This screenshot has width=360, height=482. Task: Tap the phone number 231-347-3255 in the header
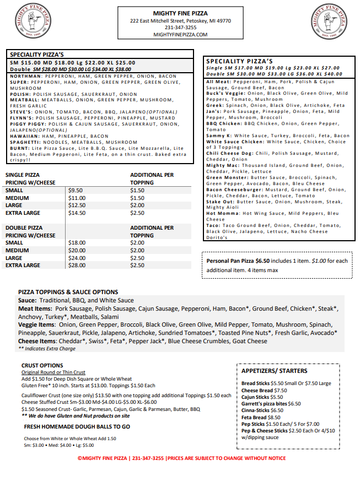pyautogui.click(x=180, y=28)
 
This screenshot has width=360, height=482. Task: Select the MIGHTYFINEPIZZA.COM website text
pyautogui.click(x=180, y=34)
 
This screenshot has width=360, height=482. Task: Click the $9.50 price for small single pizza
pyautogui.click(x=76, y=190)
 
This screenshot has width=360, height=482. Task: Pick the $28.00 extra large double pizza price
pyautogui.click(x=77, y=266)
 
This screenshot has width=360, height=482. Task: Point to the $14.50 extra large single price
pyautogui.click(x=77, y=213)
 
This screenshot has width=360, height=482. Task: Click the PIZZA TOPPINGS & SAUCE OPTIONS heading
pyautogui.click(x=68, y=292)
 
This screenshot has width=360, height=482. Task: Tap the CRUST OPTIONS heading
pyautogui.click(x=42, y=365)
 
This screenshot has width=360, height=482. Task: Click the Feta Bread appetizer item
pyautogui.click(x=254, y=418)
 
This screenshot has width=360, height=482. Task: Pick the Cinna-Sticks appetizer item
pyautogui.click(x=255, y=410)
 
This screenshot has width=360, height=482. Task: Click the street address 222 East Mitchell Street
pyautogui.click(x=180, y=21)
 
